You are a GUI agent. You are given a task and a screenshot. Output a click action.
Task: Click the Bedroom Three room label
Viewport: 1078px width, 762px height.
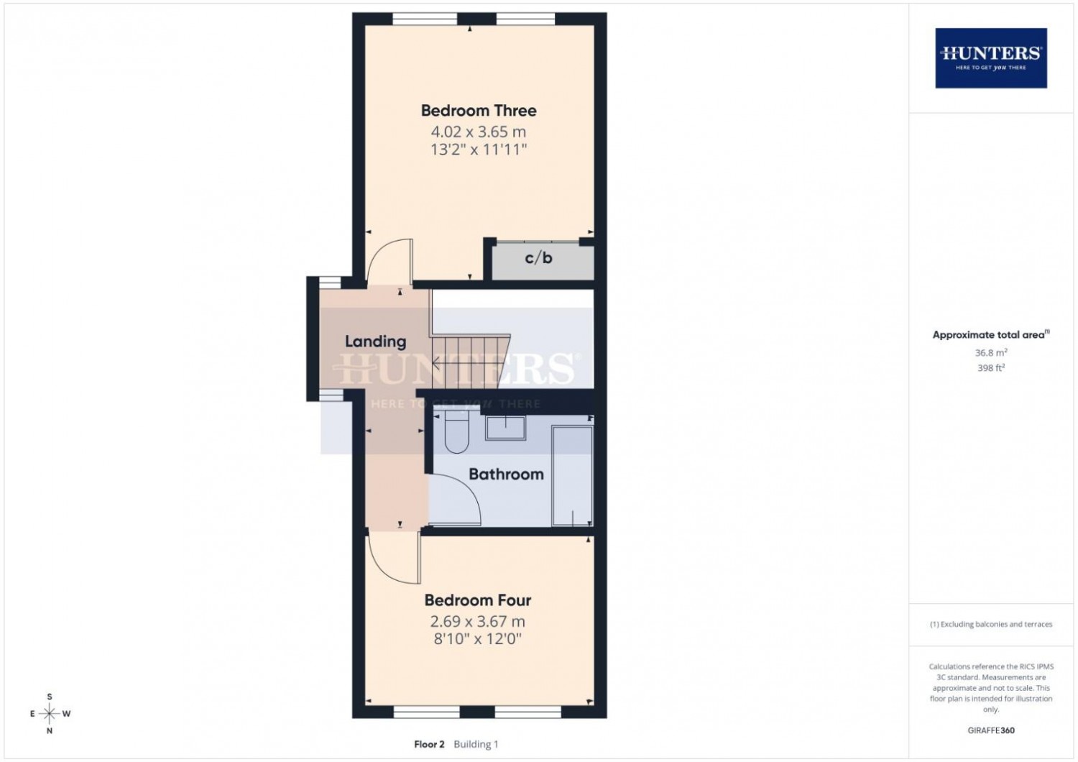(479, 111)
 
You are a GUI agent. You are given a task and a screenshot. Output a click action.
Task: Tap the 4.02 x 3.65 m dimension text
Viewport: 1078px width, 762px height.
(479, 132)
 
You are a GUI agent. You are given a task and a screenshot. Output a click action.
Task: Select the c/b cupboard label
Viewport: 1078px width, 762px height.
(538, 258)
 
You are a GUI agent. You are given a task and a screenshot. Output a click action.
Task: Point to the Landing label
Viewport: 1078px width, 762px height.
(375, 341)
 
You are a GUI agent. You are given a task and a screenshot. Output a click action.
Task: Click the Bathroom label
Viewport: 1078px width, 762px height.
(506, 474)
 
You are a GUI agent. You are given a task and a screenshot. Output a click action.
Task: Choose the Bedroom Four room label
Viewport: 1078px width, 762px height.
(478, 600)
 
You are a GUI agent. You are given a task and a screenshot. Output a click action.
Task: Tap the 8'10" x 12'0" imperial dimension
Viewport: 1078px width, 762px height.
(478, 639)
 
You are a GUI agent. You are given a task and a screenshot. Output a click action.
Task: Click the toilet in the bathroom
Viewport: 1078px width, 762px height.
(456, 432)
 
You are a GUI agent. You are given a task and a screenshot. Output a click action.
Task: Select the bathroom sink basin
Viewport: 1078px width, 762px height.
(505, 428)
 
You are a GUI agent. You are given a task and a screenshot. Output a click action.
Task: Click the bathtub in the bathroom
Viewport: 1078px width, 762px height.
(572, 476)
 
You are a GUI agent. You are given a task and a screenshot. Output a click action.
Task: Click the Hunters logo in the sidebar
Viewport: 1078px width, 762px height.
(991, 58)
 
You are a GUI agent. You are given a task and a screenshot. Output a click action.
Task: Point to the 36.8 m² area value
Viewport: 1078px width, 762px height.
(991, 353)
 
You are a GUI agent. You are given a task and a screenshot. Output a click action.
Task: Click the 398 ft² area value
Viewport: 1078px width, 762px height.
(991, 368)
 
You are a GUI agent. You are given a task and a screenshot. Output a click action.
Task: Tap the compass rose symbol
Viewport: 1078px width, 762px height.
(50, 713)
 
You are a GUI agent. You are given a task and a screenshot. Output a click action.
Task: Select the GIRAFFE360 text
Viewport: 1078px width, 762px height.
(991, 730)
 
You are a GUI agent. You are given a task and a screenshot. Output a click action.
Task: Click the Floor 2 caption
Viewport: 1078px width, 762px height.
(429, 744)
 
